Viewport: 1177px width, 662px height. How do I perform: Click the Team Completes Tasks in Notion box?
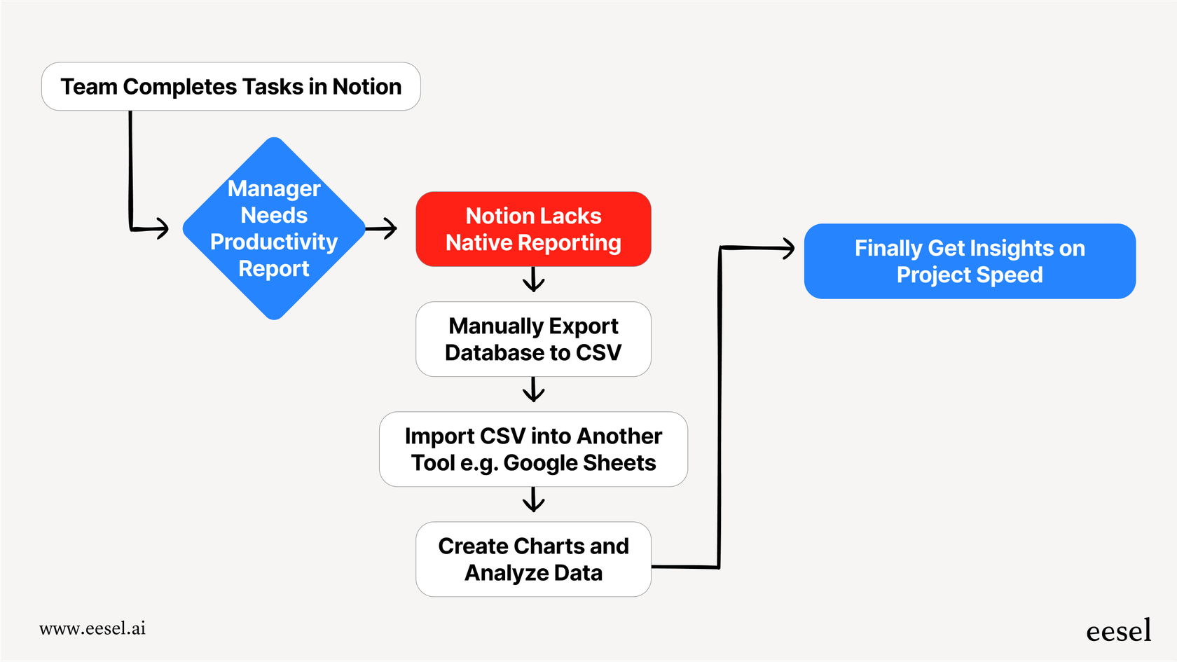tap(230, 87)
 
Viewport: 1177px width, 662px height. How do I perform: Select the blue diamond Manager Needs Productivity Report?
tap(274, 228)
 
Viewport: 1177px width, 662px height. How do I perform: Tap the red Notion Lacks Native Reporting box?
tap(533, 229)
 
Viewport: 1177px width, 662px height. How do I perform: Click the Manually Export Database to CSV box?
tap(533, 339)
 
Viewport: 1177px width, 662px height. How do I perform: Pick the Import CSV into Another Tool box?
tap(533, 449)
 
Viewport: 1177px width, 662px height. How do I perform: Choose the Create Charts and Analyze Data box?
tap(533, 559)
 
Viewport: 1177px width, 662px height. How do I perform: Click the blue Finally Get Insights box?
tap(969, 261)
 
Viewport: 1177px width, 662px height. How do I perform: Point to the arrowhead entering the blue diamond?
tap(163, 228)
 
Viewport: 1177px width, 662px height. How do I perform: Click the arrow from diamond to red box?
tap(383, 228)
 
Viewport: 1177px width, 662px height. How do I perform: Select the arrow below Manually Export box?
tap(533, 391)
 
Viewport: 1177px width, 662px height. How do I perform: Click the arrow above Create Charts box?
tap(533, 501)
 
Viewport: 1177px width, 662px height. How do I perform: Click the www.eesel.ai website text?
tap(92, 628)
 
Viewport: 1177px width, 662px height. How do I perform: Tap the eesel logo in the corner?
tap(1118, 631)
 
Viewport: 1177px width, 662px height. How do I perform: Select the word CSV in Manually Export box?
tap(598, 353)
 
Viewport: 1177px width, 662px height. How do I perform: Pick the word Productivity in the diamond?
tap(274, 242)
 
